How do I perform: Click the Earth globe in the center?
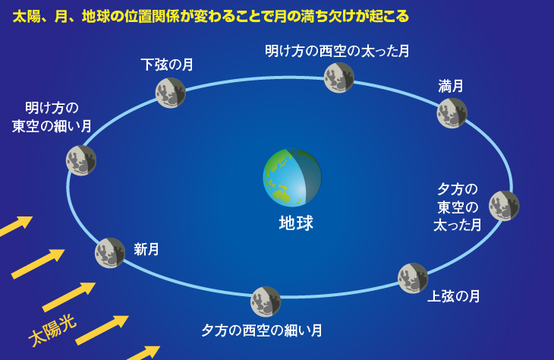tap(292, 178)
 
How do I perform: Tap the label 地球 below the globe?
tap(296, 223)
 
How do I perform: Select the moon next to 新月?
tap(110, 253)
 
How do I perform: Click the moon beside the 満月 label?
tap(452, 113)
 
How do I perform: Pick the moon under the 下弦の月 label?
tap(171, 93)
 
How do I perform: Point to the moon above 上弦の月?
tap(413, 278)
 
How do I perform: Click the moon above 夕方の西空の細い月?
tap(266, 302)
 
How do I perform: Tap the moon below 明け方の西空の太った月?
tap(339, 77)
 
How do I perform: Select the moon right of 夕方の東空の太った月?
tap(504, 206)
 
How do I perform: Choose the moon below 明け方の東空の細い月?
tap(81, 160)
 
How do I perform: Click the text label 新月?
tap(146, 250)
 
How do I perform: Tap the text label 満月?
tap(451, 86)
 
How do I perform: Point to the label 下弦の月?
tap(167, 65)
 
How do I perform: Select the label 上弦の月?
tap(454, 296)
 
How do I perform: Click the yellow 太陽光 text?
tap(52, 330)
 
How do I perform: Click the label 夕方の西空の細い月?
tap(262, 330)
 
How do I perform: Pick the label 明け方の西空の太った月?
tap(337, 52)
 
